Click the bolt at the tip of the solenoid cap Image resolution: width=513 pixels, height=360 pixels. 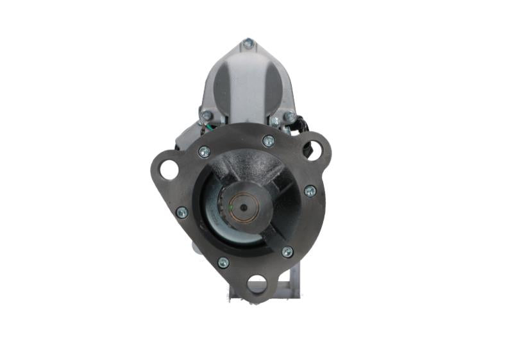(248, 44)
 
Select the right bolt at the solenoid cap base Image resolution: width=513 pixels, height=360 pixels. (289, 117)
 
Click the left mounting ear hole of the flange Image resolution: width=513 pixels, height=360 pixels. (169, 170)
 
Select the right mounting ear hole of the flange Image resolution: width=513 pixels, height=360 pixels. (312, 150)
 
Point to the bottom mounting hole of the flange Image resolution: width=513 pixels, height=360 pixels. (256, 284)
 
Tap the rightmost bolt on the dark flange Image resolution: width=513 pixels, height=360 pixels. (310, 191)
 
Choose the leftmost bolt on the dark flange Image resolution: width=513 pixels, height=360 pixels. (181, 212)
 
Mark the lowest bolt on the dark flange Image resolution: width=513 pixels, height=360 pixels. (223, 262)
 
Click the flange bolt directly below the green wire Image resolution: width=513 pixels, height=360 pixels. (204, 152)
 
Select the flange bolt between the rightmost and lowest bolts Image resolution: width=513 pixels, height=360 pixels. (287, 252)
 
